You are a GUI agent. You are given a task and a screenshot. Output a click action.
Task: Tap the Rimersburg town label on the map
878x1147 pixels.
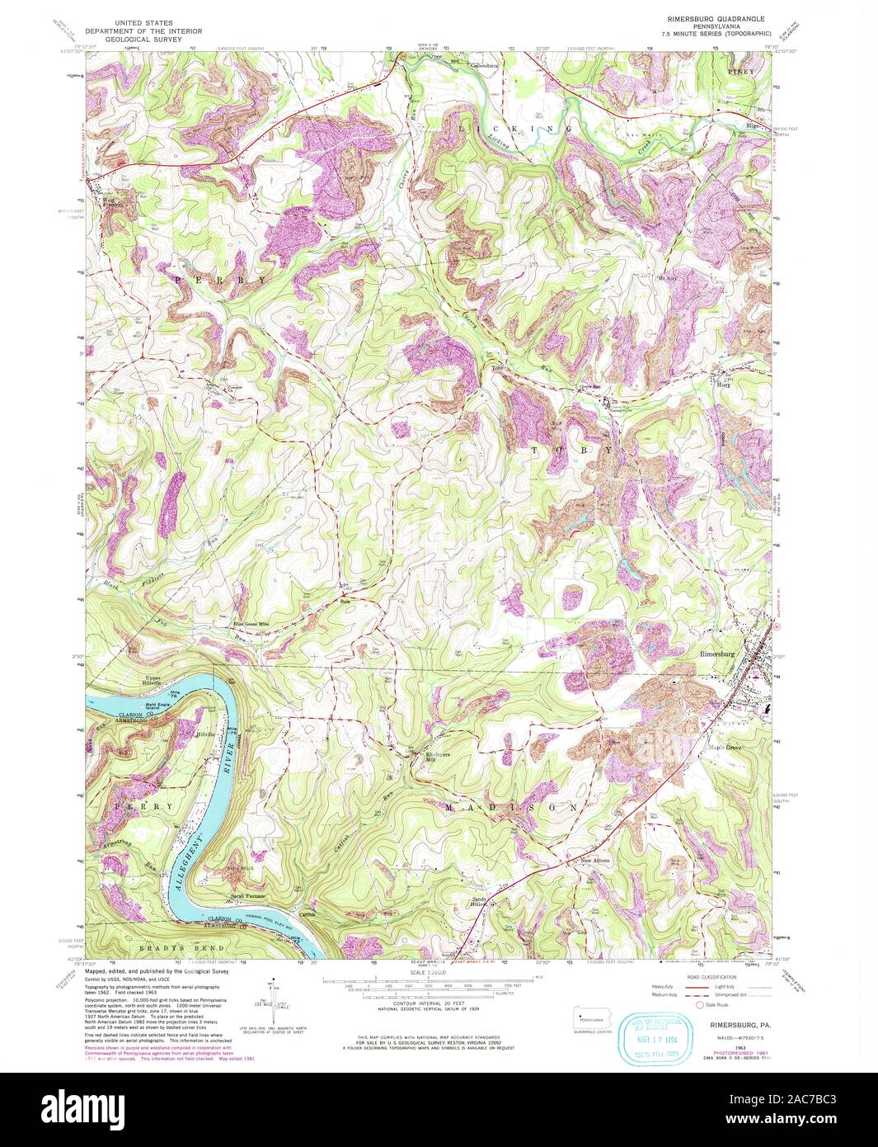point(716,654)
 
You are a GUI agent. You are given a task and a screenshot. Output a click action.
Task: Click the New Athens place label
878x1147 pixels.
point(595,861)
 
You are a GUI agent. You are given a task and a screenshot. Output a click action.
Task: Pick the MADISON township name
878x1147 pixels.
point(511,808)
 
